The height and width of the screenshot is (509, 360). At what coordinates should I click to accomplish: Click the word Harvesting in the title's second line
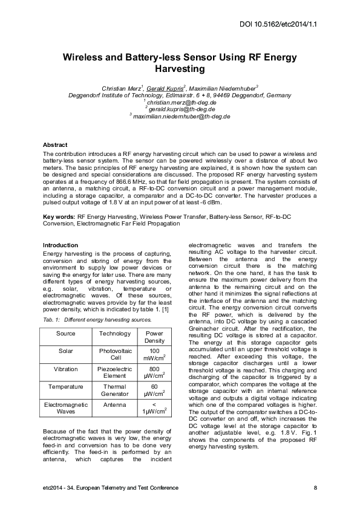click(180, 69)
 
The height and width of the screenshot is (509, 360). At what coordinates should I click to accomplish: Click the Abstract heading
click(55, 146)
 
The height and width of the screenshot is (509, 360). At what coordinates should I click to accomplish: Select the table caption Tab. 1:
click(51, 319)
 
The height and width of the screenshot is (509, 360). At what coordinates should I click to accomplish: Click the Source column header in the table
click(65, 334)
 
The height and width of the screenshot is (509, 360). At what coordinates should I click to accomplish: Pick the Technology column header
click(114, 334)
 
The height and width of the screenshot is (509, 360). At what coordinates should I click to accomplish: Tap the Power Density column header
click(154, 337)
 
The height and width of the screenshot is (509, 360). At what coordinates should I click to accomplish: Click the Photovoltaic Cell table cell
click(114, 354)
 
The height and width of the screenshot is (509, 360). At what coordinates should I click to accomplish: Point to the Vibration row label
click(65, 368)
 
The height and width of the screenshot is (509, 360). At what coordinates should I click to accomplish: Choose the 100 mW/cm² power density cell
click(154, 354)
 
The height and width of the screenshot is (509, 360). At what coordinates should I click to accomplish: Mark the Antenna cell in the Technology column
click(114, 403)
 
